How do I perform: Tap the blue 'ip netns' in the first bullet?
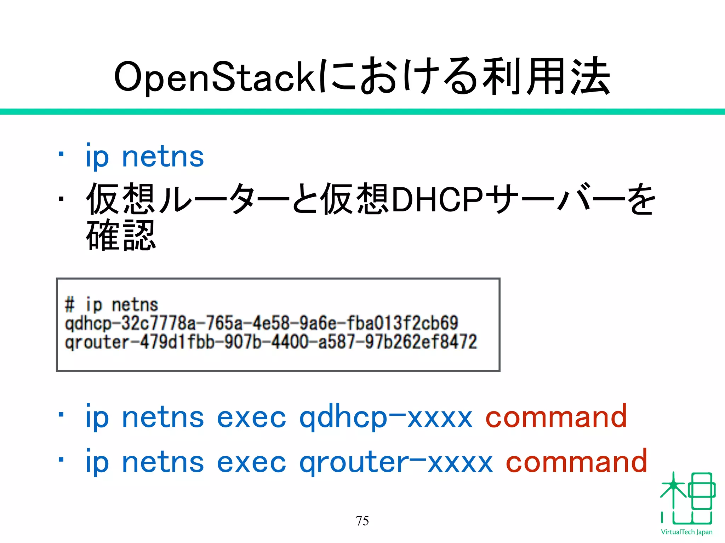point(145,156)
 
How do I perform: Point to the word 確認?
point(121,235)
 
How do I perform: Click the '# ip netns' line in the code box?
point(111,304)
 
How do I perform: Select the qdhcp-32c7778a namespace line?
point(261,323)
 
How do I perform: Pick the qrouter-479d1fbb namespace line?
point(271,342)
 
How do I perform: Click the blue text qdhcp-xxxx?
point(386,418)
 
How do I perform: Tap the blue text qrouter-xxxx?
point(396,462)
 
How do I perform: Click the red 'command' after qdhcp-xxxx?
point(556,417)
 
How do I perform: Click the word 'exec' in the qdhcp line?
point(251,418)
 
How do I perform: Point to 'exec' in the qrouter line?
point(251,462)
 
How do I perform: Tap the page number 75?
point(362,521)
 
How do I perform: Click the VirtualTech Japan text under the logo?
point(686,532)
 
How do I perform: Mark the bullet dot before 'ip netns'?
point(61,154)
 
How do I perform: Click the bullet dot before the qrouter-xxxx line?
point(61,460)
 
